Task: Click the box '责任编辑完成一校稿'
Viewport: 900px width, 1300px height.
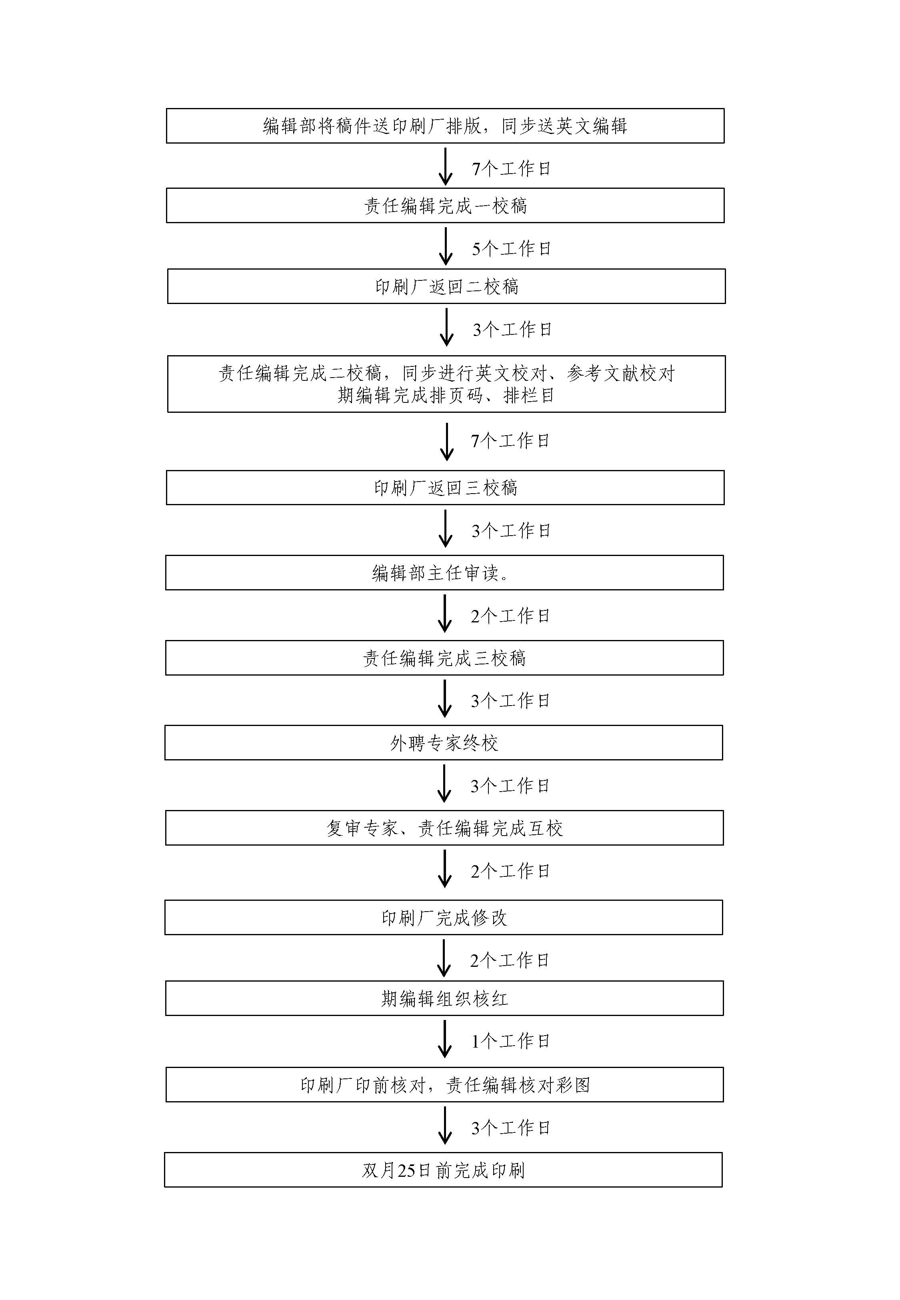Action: (x=445, y=205)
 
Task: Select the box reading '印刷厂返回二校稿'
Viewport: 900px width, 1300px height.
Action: (x=446, y=286)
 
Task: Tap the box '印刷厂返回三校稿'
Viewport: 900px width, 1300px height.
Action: (x=445, y=488)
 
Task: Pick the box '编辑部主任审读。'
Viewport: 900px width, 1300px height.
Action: (x=444, y=573)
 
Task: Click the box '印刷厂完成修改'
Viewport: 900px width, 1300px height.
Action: (x=444, y=918)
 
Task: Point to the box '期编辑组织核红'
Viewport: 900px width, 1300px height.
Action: (x=444, y=998)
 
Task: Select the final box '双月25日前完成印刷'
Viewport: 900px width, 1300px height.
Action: (x=443, y=1170)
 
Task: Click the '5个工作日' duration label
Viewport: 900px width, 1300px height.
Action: (x=511, y=249)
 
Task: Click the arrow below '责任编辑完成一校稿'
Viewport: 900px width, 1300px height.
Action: (x=446, y=246)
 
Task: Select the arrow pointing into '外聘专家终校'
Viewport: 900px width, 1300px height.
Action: (x=444, y=698)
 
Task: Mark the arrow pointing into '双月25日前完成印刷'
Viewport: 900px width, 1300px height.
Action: (x=445, y=1126)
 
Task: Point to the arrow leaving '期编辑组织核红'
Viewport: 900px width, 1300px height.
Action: (x=444, y=1039)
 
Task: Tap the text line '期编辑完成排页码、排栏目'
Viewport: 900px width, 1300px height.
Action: (x=446, y=396)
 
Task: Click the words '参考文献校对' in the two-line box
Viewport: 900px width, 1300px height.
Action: (x=621, y=373)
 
